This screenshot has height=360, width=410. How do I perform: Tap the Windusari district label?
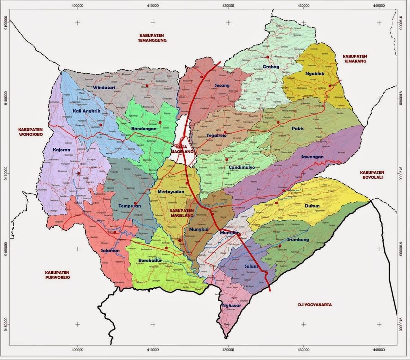click(104, 87)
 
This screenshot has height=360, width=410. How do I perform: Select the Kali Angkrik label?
click(86, 111)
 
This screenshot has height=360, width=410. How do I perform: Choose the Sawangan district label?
click(312, 157)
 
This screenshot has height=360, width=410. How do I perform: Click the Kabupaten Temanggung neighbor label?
click(152, 38)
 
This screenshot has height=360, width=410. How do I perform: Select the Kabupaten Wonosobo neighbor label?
click(30, 132)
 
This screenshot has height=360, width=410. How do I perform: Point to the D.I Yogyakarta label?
click(315, 305)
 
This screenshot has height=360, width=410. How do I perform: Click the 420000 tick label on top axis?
click(228, 6)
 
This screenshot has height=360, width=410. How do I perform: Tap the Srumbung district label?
click(297, 240)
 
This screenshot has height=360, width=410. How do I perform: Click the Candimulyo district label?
click(242, 167)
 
